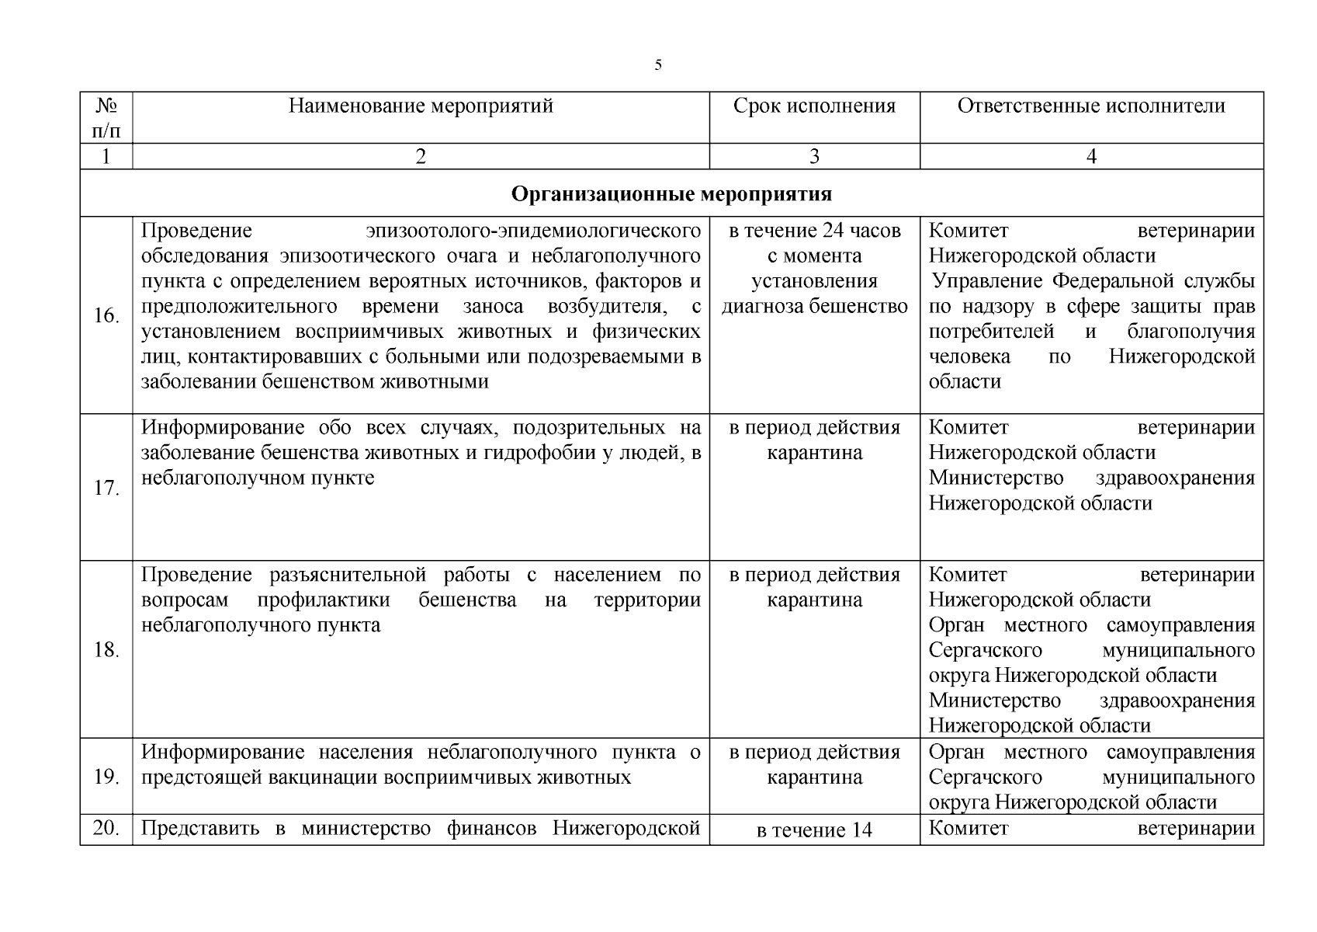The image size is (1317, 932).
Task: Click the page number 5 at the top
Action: (658, 65)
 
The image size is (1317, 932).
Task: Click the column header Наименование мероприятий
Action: (421, 106)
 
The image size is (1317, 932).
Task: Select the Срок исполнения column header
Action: (814, 106)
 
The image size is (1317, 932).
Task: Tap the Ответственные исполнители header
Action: (1091, 106)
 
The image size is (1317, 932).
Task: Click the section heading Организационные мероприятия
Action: (671, 193)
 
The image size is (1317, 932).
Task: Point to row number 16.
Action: (106, 315)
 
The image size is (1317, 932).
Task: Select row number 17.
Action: (106, 489)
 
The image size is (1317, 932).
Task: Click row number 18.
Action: (106, 650)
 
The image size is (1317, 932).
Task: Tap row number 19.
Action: (106, 777)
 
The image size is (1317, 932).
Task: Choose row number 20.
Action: (106, 829)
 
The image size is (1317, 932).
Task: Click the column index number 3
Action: (814, 157)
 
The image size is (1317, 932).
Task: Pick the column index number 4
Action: (1091, 157)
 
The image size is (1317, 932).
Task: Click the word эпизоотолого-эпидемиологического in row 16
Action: (533, 231)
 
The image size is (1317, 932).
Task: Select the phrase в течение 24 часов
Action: (814, 231)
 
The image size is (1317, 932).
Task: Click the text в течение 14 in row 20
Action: (814, 830)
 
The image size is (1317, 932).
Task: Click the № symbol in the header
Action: (106, 106)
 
